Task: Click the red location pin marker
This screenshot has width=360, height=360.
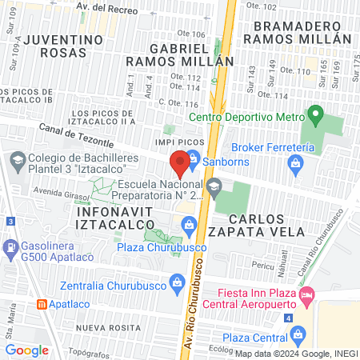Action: [180, 164]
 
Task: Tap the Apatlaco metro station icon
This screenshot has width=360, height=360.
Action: [42, 305]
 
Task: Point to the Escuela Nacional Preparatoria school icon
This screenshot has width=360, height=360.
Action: [213, 189]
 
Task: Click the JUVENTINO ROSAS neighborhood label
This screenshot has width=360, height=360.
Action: [55, 46]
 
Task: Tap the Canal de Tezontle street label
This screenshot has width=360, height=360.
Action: [78, 134]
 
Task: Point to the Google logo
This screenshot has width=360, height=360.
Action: [26, 350]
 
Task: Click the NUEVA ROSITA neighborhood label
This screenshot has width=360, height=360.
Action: [102, 328]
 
